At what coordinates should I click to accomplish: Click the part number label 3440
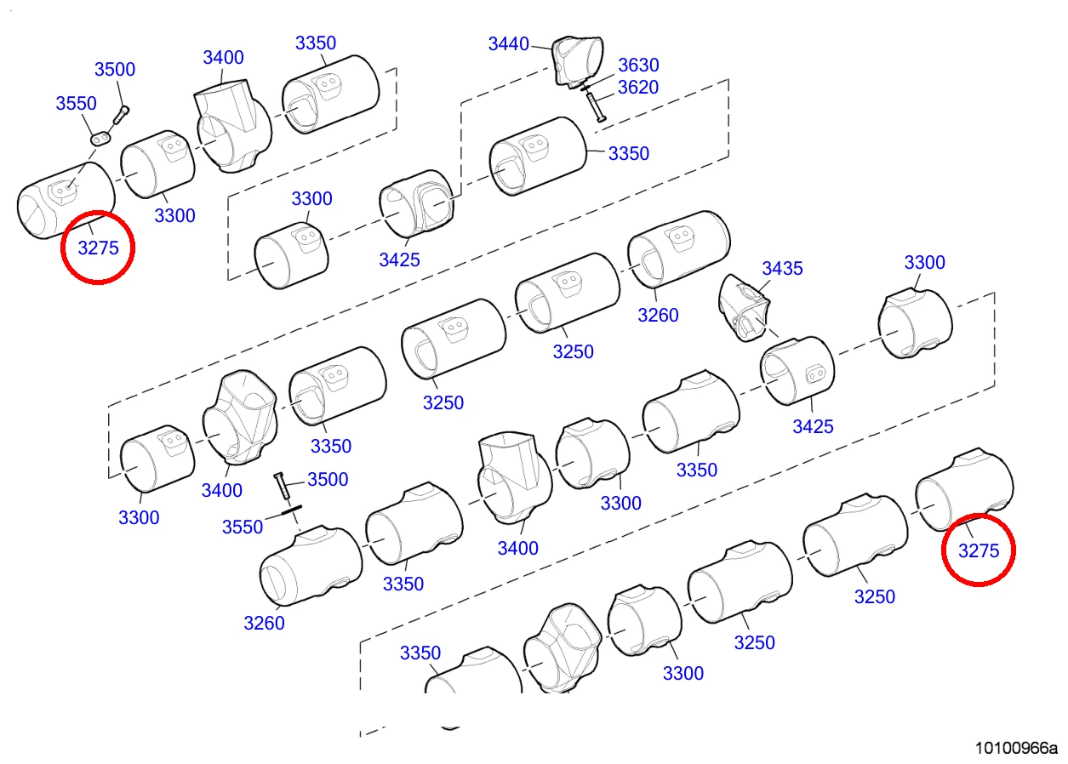(x=508, y=44)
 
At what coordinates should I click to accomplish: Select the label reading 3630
(x=638, y=65)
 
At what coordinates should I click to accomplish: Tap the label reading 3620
(x=638, y=88)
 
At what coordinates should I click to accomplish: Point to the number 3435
(x=782, y=268)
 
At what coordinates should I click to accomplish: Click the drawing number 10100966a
(x=1015, y=748)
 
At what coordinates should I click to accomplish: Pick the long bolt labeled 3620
(x=595, y=107)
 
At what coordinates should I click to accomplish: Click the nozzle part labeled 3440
(x=577, y=61)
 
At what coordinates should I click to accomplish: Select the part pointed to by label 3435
(x=744, y=307)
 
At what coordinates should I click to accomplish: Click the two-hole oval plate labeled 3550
(x=100, y=140)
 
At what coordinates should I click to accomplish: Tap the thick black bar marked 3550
(x=291, y=510)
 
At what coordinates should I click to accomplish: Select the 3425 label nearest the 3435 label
(x=813, y=426)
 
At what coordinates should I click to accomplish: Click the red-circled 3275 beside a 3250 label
(x=979, y=550)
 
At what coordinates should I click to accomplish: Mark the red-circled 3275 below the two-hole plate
(x=98, y=248)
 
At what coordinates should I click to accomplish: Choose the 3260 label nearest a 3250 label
(x=658, y=315)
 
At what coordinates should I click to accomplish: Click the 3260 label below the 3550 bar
(x=264, y=623)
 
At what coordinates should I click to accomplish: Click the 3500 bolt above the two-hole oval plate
(x=121, y=115)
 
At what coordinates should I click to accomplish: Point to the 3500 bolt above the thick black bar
(x=283, y=485)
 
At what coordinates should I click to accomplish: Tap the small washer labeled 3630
(x=585, y=87)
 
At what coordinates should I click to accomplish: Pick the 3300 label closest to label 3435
(x=924, y=263)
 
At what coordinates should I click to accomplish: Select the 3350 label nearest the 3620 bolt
(x=628, y=153)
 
